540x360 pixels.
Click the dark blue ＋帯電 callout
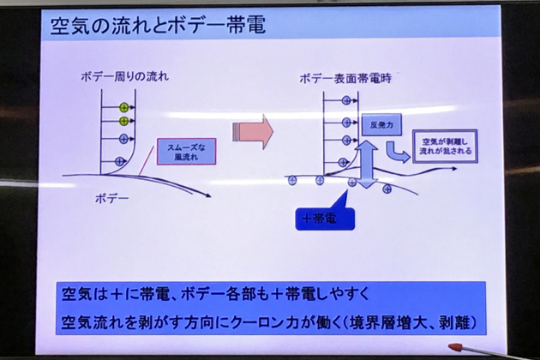click(319, 219)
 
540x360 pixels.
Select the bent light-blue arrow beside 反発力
click(397, 152)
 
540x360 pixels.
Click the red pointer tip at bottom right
click(452, 347)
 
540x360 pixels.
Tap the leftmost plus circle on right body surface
click(291, 180)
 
